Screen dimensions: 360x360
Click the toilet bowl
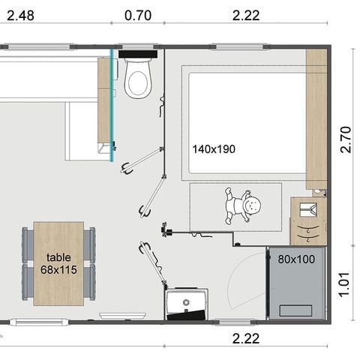click(138, 79)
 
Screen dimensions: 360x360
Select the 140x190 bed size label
click(213, 149)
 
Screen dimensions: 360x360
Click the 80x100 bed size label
click(296, 260)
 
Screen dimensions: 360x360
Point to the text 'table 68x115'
click(58, 263)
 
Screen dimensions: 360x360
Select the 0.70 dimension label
click(137, 14)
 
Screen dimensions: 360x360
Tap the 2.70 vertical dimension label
click(345, 139)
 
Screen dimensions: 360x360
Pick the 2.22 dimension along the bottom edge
click(245, 338)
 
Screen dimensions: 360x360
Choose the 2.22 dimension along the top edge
click(245, 14)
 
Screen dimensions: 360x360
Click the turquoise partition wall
click(112, 105)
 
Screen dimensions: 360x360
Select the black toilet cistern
click(138, 54)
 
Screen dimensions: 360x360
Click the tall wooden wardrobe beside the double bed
click(316, 118)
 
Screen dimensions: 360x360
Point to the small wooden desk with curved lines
click(308, 221)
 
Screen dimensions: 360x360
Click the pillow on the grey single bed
click(297, 309)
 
